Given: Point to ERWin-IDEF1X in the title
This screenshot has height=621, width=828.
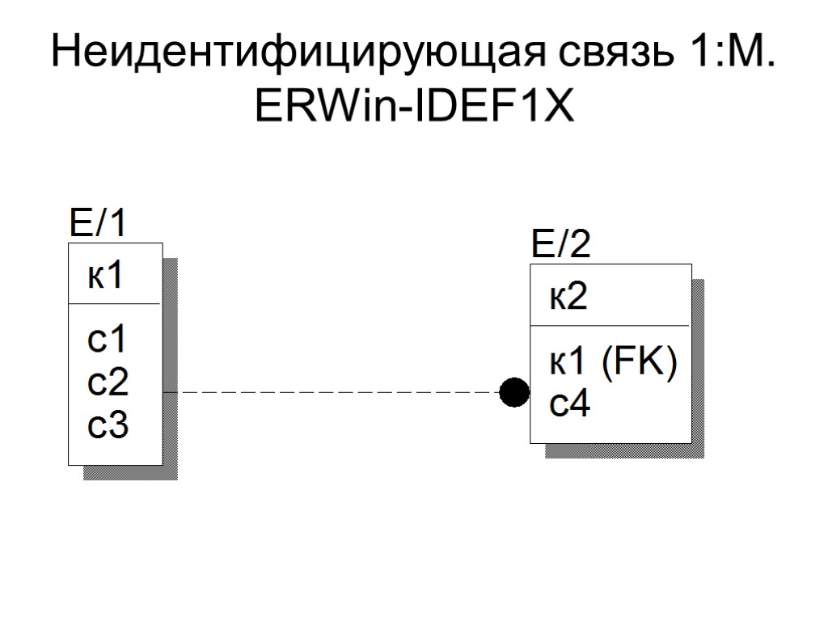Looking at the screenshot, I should point(414,105).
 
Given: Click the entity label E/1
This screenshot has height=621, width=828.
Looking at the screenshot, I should point(99,224).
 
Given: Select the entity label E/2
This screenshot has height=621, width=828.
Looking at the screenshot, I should point(560,244).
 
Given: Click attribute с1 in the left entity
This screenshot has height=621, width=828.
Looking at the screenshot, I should point(108,340).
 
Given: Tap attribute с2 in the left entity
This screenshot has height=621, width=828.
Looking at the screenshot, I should point(108,382).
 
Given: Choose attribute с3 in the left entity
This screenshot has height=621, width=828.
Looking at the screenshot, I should point(108,425).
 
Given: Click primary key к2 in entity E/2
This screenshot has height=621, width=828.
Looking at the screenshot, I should point(568,298).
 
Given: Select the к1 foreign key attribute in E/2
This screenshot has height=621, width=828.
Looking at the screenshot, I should point(568,363).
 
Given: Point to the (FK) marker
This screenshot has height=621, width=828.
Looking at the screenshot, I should point(638,363).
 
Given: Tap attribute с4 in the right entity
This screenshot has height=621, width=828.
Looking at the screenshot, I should point(569,404).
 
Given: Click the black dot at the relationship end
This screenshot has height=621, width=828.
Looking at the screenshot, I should point(514,393).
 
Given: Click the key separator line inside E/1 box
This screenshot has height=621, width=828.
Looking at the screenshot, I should point(115,304).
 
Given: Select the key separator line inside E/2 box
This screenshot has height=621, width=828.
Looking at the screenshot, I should point(610,327).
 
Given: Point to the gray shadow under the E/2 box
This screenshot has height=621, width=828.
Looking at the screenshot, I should point(623,450).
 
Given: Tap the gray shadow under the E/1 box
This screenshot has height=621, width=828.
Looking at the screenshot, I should point(129,472).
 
